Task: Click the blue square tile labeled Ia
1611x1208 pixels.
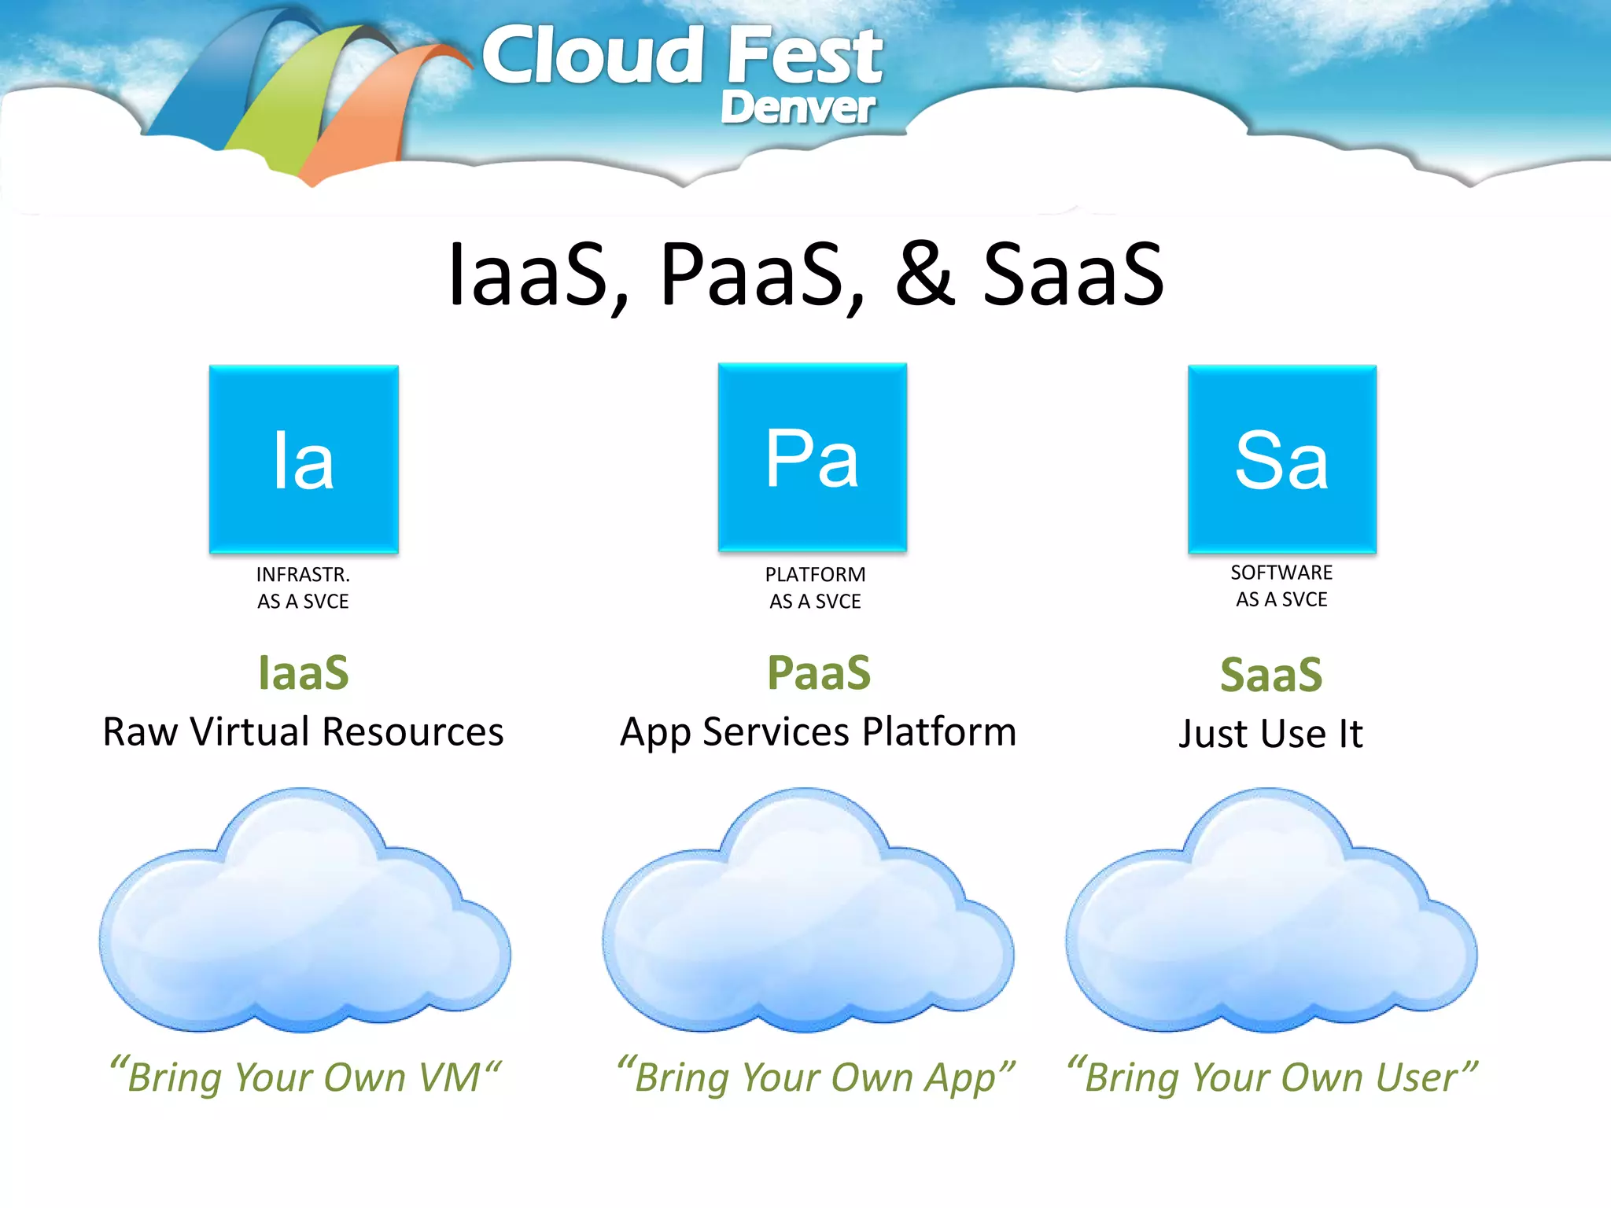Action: [304, 459]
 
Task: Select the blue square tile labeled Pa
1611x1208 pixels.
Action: [813, 457]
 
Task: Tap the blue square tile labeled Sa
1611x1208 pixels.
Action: [1282, 459]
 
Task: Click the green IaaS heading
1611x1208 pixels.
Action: [304, 673]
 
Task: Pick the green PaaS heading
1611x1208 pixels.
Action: [819, 673]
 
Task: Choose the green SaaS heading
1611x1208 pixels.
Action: [1271, 675]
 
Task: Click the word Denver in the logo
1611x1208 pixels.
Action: [798, 108]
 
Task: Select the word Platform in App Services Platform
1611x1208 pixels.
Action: [939, 731]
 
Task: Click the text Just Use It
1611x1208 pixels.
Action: [1270, 734]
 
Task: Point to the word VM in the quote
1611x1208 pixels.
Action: [449, 1077]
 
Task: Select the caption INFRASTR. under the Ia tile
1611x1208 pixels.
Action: [303, 575]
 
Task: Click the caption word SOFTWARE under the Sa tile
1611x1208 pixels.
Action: [1281, 573]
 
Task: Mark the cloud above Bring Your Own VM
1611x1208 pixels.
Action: [304, 912]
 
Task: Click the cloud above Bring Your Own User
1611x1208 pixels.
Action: [1271, 912]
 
